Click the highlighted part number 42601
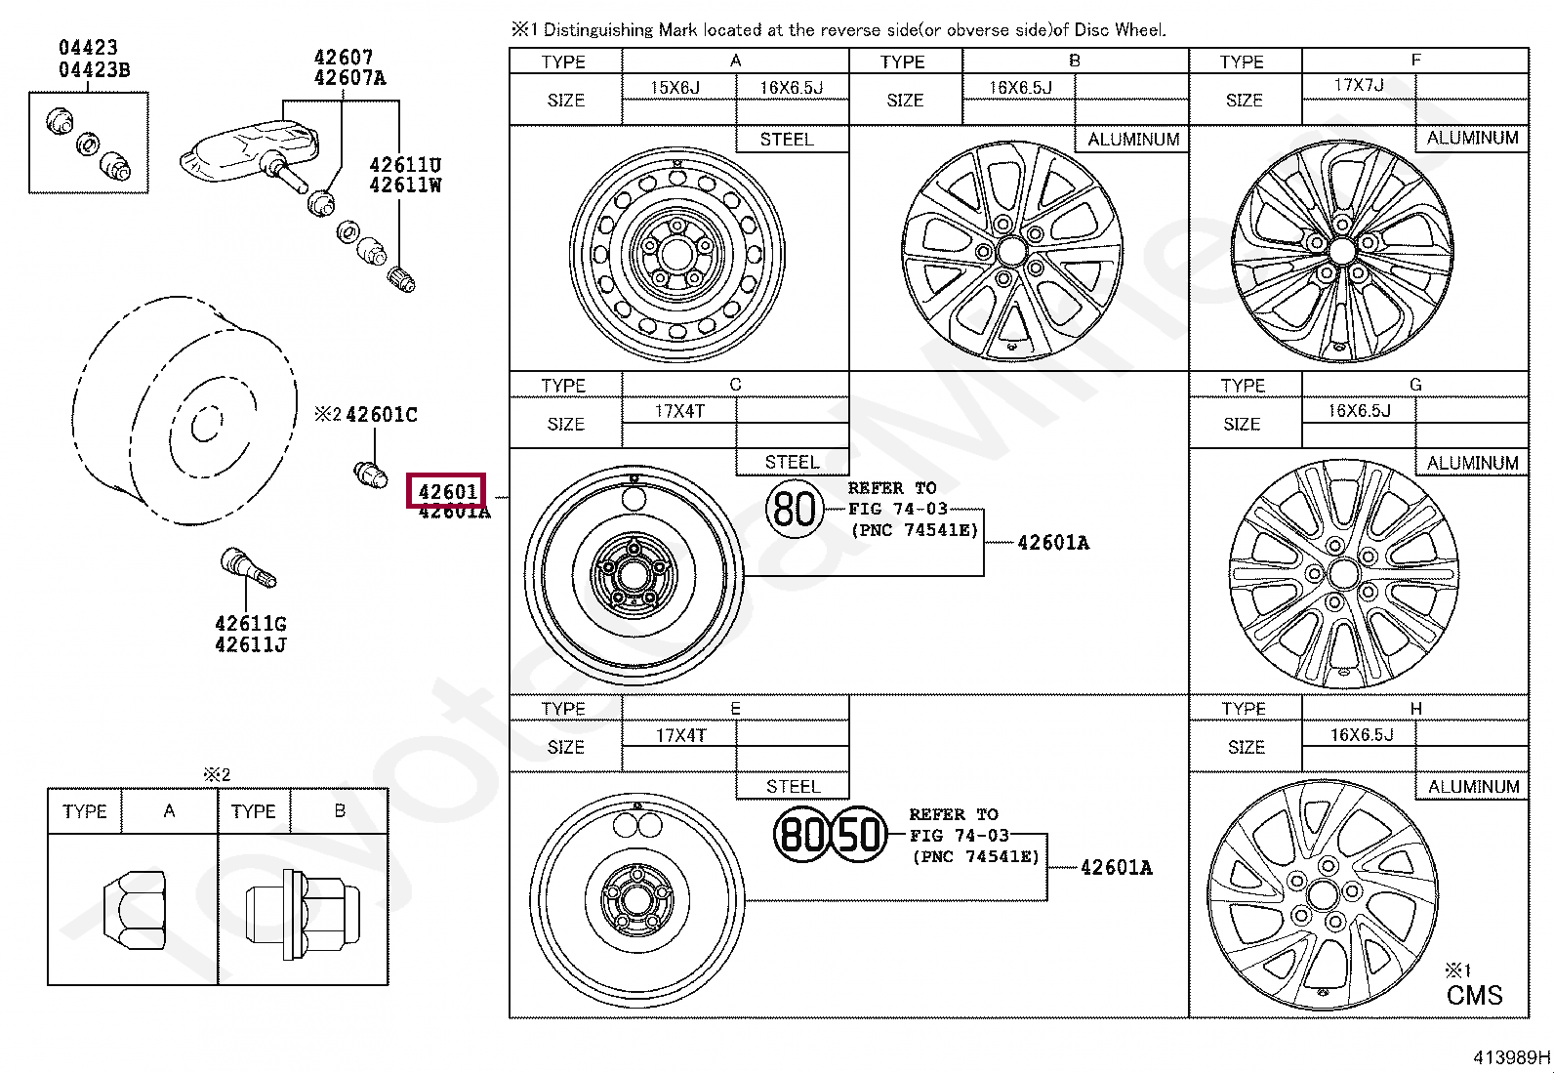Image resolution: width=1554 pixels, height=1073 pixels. pos(447,490)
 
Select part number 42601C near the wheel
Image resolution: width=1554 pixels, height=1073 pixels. pos(382,415)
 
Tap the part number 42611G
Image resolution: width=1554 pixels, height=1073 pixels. pos(250,624)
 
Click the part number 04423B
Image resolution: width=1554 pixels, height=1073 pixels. pos(94,70)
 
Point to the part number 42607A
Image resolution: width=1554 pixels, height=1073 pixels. pos(349,78)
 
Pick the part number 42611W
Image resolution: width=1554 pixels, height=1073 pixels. pos(405,185)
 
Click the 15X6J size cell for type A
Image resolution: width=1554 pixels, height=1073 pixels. pos(675,87)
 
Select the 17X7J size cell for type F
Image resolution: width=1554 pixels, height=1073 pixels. pos(1358,85)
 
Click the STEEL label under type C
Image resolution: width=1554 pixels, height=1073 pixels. pos(792,462)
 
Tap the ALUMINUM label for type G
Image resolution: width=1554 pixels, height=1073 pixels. pos(1472,463)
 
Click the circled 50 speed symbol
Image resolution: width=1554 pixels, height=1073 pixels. pos(860,835)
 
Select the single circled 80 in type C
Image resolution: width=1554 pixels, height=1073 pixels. pos(794,509)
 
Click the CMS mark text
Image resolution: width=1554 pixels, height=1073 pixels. pos(1474,995)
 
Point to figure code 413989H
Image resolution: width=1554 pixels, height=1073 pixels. pos(1511,1056)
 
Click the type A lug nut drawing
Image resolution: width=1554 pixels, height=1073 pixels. pos(134,906)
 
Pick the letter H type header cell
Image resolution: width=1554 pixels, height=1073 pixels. pos(1415,708)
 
